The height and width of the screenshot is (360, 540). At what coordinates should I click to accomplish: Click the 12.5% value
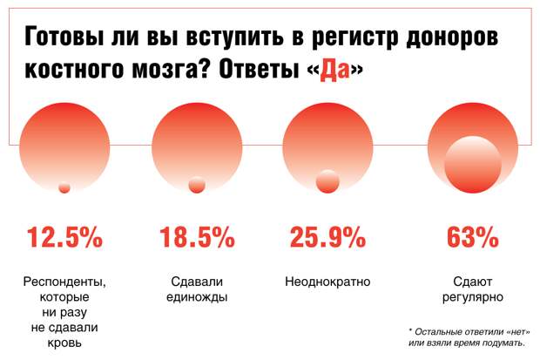point(64,238)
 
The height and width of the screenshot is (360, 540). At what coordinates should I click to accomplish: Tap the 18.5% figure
point(196,238)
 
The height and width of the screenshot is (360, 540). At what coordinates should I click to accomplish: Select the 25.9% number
point(327,238)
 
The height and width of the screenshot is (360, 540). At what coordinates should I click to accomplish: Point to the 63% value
point(472,238)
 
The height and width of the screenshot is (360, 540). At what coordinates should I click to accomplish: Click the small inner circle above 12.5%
point(64,187)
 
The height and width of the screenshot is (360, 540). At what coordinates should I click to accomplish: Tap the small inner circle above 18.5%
point(197,185)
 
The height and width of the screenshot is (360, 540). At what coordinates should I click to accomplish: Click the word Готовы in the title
point(68,38)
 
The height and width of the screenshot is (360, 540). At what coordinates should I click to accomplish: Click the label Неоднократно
point(327,282)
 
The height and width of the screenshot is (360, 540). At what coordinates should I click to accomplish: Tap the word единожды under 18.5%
point(196,297)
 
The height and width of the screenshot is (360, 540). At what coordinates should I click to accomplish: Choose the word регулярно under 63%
point(472,297)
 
